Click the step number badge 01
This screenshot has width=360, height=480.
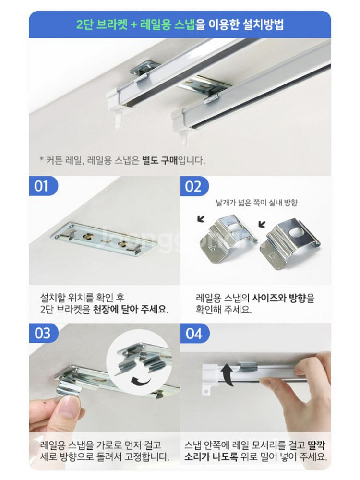[42, 186]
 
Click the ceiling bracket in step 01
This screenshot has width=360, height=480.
[103, 239]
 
